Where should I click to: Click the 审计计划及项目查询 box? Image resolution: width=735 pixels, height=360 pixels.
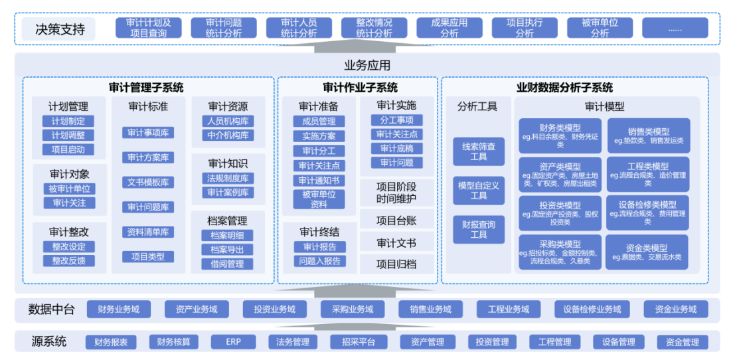point(148,27)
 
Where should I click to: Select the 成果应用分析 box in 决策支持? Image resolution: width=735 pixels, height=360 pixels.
point(449,27)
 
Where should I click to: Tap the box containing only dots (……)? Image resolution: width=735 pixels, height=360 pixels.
point(675,27)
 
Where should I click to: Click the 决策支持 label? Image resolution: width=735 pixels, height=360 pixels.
point(60,29)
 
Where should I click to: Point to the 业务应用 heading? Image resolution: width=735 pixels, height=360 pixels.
point(367,65)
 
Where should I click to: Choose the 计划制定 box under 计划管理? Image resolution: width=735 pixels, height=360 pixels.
point(68,121)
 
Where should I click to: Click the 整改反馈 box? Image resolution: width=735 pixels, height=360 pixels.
point(68,260)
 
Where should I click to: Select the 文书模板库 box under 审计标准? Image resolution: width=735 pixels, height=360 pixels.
point(147,182)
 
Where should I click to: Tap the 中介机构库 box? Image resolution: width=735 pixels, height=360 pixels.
point(228,135)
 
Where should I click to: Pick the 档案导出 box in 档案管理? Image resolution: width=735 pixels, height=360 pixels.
point(227,250)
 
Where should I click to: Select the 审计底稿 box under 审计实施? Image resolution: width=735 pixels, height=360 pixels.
point(396,148)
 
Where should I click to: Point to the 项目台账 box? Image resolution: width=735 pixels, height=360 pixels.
point(396,220)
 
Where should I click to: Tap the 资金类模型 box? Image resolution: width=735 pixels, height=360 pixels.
point(647,252)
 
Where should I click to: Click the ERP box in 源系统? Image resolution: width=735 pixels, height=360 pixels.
point(233,342)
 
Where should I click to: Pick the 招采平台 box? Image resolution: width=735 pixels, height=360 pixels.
point(359,342)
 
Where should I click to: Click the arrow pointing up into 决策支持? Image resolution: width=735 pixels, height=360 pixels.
point(367,46)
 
